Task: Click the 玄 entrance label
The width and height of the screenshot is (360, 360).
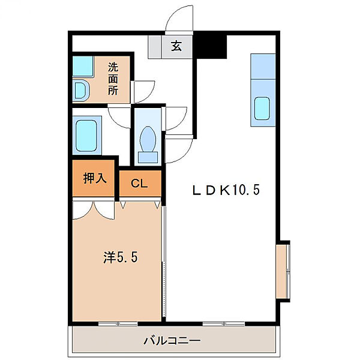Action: [176, 46]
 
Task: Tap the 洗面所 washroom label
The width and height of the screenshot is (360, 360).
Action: [113, 79]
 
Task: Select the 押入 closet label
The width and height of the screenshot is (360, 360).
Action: [95, 178]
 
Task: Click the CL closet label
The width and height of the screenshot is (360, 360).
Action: [139, 183]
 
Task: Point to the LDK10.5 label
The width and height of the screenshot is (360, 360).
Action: [226, 190]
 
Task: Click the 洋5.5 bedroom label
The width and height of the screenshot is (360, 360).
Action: [121, 257]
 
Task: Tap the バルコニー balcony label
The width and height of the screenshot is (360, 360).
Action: [172, 341]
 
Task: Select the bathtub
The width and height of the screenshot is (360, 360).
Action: [87, 136]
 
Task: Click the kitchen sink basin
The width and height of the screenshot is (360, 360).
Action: [262, 109]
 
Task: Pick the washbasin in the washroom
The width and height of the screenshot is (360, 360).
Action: [82, 91]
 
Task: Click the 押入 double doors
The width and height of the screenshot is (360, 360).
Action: [94, 210]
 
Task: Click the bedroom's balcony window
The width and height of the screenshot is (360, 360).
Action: [118, 324]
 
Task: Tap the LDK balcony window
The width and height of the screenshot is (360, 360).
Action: [224, 324]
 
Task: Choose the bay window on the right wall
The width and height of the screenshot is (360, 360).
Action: [283, 272]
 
